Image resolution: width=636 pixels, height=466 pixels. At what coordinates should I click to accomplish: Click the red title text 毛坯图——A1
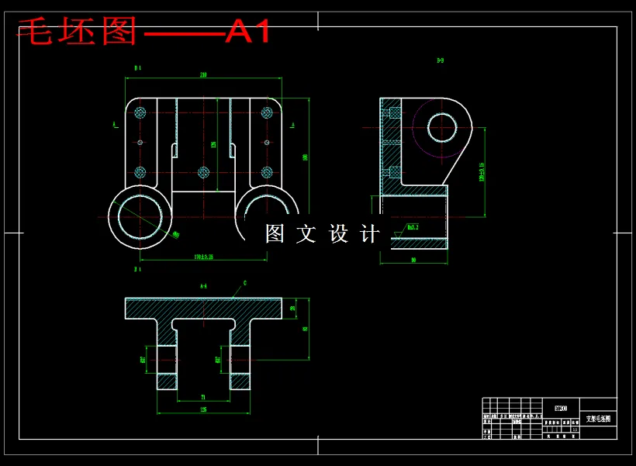[x=144, y=33]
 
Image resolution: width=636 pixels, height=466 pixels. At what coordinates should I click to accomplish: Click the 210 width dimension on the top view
[x=203, y=75]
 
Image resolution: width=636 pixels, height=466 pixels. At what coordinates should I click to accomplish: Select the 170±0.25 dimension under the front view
[x=203, y=257]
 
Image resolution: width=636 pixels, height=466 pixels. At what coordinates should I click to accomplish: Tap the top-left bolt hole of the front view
[x=140, y=112]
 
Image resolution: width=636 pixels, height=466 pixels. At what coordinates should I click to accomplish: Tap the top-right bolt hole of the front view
[x=267, y=112]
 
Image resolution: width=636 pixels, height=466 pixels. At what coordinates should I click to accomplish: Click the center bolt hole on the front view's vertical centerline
[x=203, y=172]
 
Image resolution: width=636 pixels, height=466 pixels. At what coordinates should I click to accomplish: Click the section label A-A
[x=203, y=286]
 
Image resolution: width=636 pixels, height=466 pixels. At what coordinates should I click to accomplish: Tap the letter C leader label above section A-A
[x=244, y=284]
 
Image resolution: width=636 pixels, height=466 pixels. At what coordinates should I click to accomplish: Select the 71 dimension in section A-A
[x=203, y=396]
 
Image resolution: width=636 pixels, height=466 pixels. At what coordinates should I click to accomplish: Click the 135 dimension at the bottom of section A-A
[x=203, y=409]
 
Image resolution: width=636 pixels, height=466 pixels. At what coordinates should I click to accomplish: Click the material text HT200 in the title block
[x=560, y=406]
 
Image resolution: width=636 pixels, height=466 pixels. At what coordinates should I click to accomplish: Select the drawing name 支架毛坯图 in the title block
[x=598, y=419]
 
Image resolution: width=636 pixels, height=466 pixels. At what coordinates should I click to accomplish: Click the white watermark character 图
[x=275, y=233]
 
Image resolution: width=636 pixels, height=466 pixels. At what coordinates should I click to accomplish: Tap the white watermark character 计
[x=371, y=233]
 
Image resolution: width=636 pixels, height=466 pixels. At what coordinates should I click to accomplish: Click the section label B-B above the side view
[x=441, y=60]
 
